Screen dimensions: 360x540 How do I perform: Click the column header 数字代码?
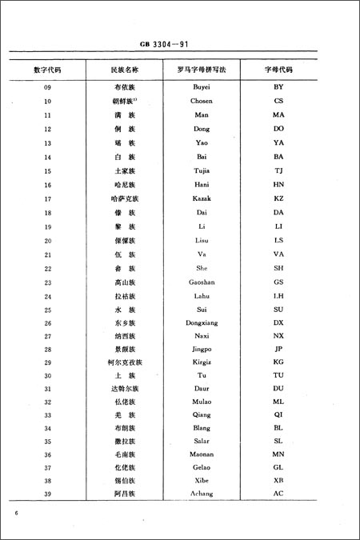48,70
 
